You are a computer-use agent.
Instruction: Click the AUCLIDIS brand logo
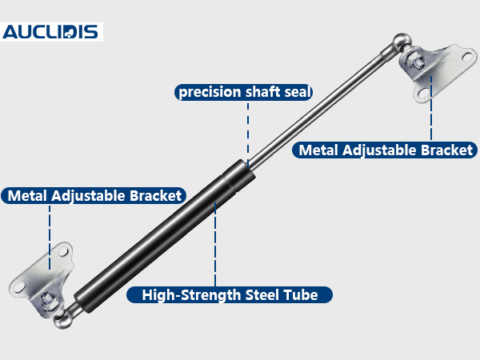tap(50, 32)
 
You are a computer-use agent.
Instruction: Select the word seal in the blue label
tap(298, 92)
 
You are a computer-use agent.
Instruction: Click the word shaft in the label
tap(262, 91)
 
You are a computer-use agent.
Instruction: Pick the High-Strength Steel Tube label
tap(230, 294)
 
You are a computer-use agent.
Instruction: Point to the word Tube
tap(300, 294)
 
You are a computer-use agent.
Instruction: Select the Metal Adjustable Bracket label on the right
tap(385, 150)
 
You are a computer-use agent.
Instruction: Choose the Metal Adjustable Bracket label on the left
tap(94, 196)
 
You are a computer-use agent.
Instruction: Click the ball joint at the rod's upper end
tap(402, 42)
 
